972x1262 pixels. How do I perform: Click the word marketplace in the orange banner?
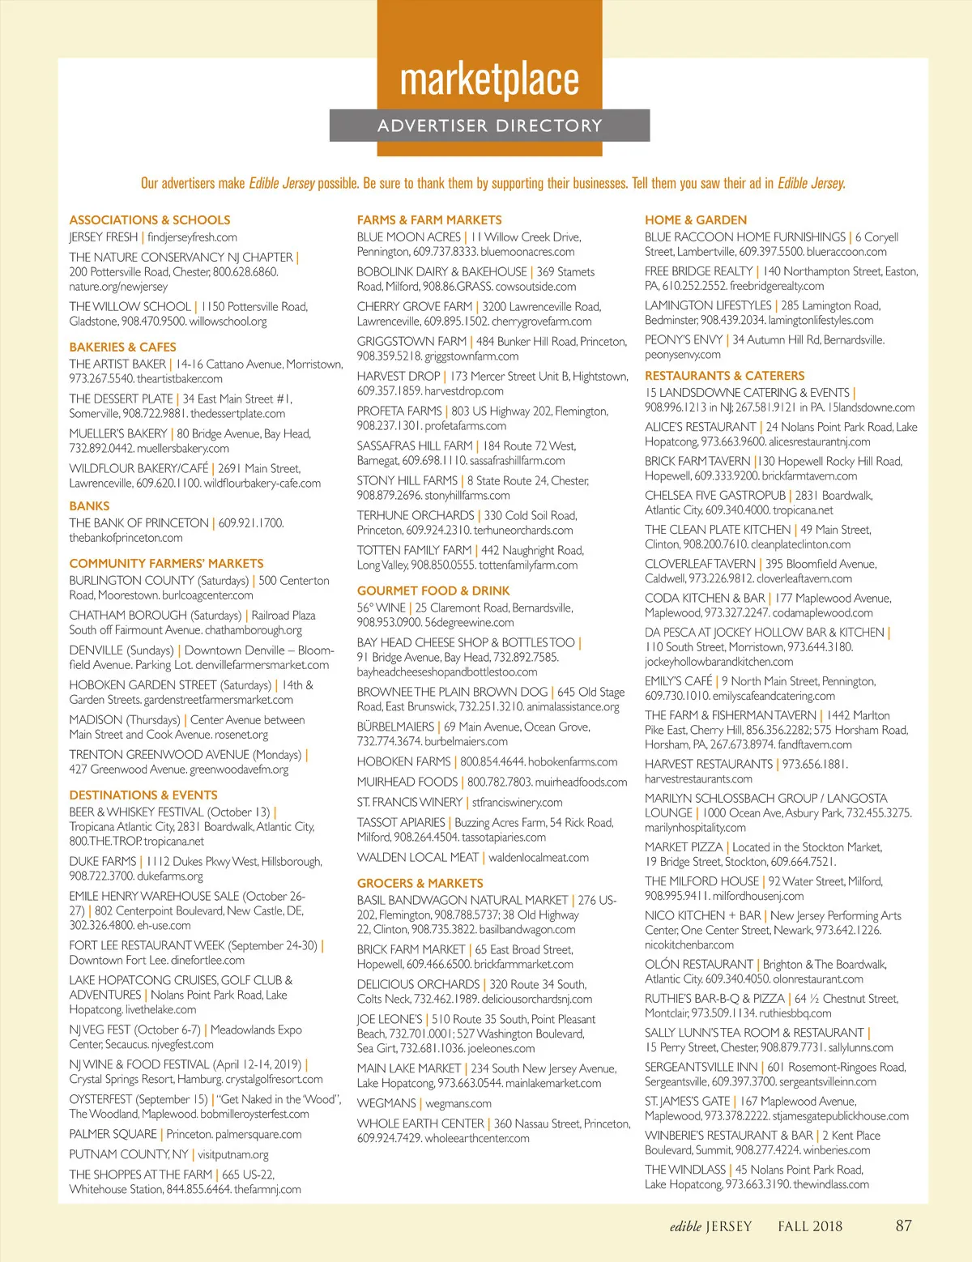pos(489,79)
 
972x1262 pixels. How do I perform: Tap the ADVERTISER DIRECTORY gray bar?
pos(489,126)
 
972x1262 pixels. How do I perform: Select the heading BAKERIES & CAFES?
pos(122,347)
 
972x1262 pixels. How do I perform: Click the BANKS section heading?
pos(89,505)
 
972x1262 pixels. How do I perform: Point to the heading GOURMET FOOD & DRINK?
pos(433,590)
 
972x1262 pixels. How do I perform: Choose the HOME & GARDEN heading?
pos(696,220)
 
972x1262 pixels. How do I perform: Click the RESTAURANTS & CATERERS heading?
pos(724,375)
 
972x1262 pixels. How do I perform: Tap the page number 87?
pos(904,1226)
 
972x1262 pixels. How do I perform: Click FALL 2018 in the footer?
pos(810,1226)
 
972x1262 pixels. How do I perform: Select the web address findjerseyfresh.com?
pos(192,237)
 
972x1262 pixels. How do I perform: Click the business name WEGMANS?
pos(386,1103)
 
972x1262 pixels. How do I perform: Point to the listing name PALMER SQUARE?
pos(113,1134)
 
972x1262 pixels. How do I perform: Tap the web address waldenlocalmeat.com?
pos(539,857)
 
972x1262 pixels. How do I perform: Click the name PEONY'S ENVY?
pos(684,340)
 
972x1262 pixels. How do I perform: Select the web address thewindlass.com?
pos(831,1184)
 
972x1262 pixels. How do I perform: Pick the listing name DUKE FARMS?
pos(102,861)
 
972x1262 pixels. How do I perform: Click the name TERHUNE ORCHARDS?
pos(416,515)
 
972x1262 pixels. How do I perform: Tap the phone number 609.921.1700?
pos(251,523)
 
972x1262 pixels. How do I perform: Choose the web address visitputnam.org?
pos(233,1154)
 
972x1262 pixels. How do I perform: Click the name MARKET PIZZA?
pos(683,846)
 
